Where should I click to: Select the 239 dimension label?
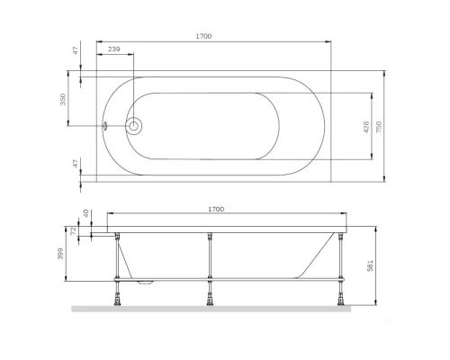coord(114,50)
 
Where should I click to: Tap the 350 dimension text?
coord(64,100)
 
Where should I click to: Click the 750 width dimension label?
coord(379,129)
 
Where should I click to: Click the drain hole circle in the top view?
coord(134,126)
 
